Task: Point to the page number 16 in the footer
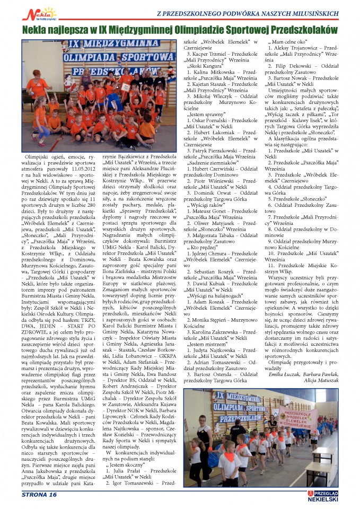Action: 52,495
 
